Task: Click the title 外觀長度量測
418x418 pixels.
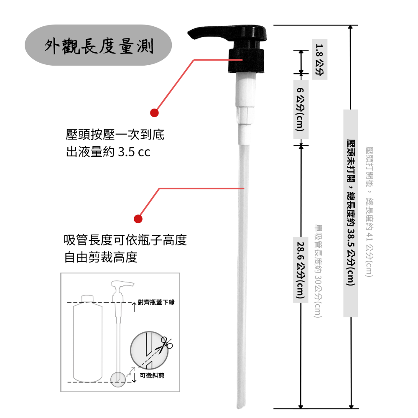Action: [x=99, y=46]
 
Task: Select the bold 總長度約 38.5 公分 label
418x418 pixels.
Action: [x=351, y=213]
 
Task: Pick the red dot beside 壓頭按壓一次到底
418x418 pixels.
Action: [x=154, y=112]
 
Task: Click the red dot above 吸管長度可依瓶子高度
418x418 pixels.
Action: [x=138, y=219]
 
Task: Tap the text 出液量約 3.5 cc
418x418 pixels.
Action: [x=108, y=152]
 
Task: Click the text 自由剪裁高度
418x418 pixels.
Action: [x=101, y=257]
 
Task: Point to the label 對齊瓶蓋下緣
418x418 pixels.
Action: [x=156, y=302]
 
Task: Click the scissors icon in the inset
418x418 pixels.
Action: [x=166, y=344]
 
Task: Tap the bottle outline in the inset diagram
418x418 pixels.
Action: [x=88, y=339]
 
